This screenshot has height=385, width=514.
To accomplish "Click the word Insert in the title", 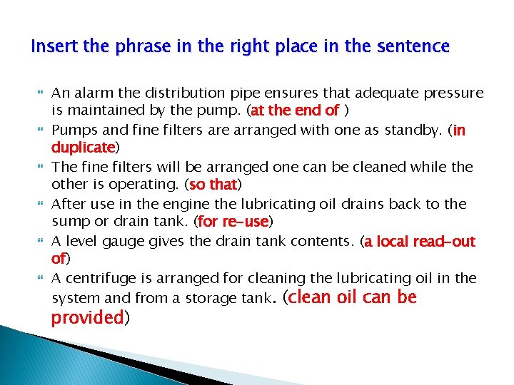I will click(x=54, y=47).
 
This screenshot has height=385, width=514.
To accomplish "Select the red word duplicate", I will click(x=83, y=148).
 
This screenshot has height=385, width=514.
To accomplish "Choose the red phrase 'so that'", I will click(x=213, y=185).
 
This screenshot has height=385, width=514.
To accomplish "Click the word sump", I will click(x=70, y=222).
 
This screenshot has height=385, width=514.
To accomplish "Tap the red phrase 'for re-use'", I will click(x=233, y=222).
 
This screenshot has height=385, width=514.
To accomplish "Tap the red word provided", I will click(x=87, y=318).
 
